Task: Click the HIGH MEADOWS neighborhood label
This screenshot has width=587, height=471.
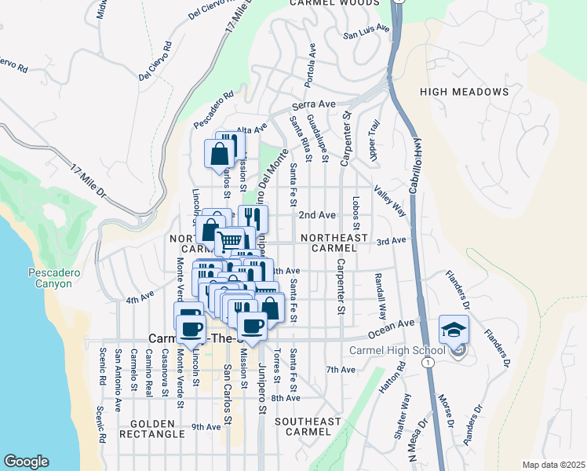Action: [465, 92]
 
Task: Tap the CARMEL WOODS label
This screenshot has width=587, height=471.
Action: [334, 3]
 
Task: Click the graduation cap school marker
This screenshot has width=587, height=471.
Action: [454, 330]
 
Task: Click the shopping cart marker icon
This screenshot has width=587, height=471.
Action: [230, 240]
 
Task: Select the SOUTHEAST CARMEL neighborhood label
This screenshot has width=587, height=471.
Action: [308, 426]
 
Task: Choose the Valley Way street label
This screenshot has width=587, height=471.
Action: [389, 201]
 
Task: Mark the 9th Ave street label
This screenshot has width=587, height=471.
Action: [206, 427]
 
